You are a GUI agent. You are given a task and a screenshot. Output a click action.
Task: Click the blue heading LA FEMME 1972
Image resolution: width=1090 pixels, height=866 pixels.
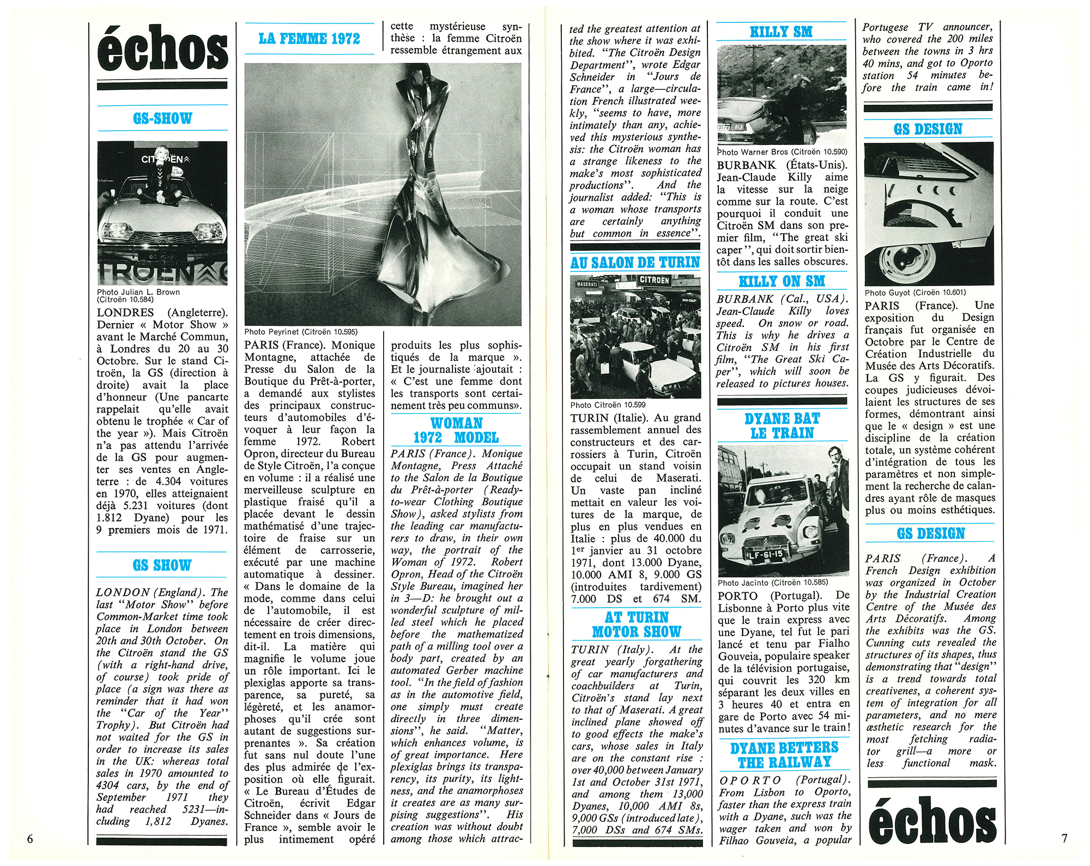(309, 39)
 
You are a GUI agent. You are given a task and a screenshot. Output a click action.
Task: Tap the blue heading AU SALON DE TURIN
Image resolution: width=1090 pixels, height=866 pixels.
(635, 263)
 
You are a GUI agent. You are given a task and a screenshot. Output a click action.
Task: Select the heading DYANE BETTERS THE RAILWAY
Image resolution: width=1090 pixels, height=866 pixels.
(784, 755)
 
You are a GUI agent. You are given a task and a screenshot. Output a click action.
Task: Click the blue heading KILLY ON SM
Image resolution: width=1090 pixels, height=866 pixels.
(782, 282)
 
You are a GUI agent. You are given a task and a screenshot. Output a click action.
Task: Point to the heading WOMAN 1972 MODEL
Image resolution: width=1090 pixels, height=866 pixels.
(456, 431)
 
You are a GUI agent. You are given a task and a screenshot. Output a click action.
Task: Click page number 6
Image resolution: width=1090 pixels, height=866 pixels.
(30, 839)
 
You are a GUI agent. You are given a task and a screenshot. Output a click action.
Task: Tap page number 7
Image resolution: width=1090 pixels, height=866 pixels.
(1064, 838)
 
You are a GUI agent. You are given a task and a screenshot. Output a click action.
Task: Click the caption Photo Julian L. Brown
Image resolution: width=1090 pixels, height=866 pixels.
(138, 292)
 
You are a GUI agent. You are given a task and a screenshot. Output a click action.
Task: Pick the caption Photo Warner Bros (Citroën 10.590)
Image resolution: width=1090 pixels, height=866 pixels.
(782, 152)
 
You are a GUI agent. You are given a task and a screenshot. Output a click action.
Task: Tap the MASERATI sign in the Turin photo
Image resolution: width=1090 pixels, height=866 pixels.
(587, 284)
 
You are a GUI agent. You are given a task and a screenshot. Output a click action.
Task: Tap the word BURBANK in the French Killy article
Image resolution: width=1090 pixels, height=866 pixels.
(746, 165)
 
